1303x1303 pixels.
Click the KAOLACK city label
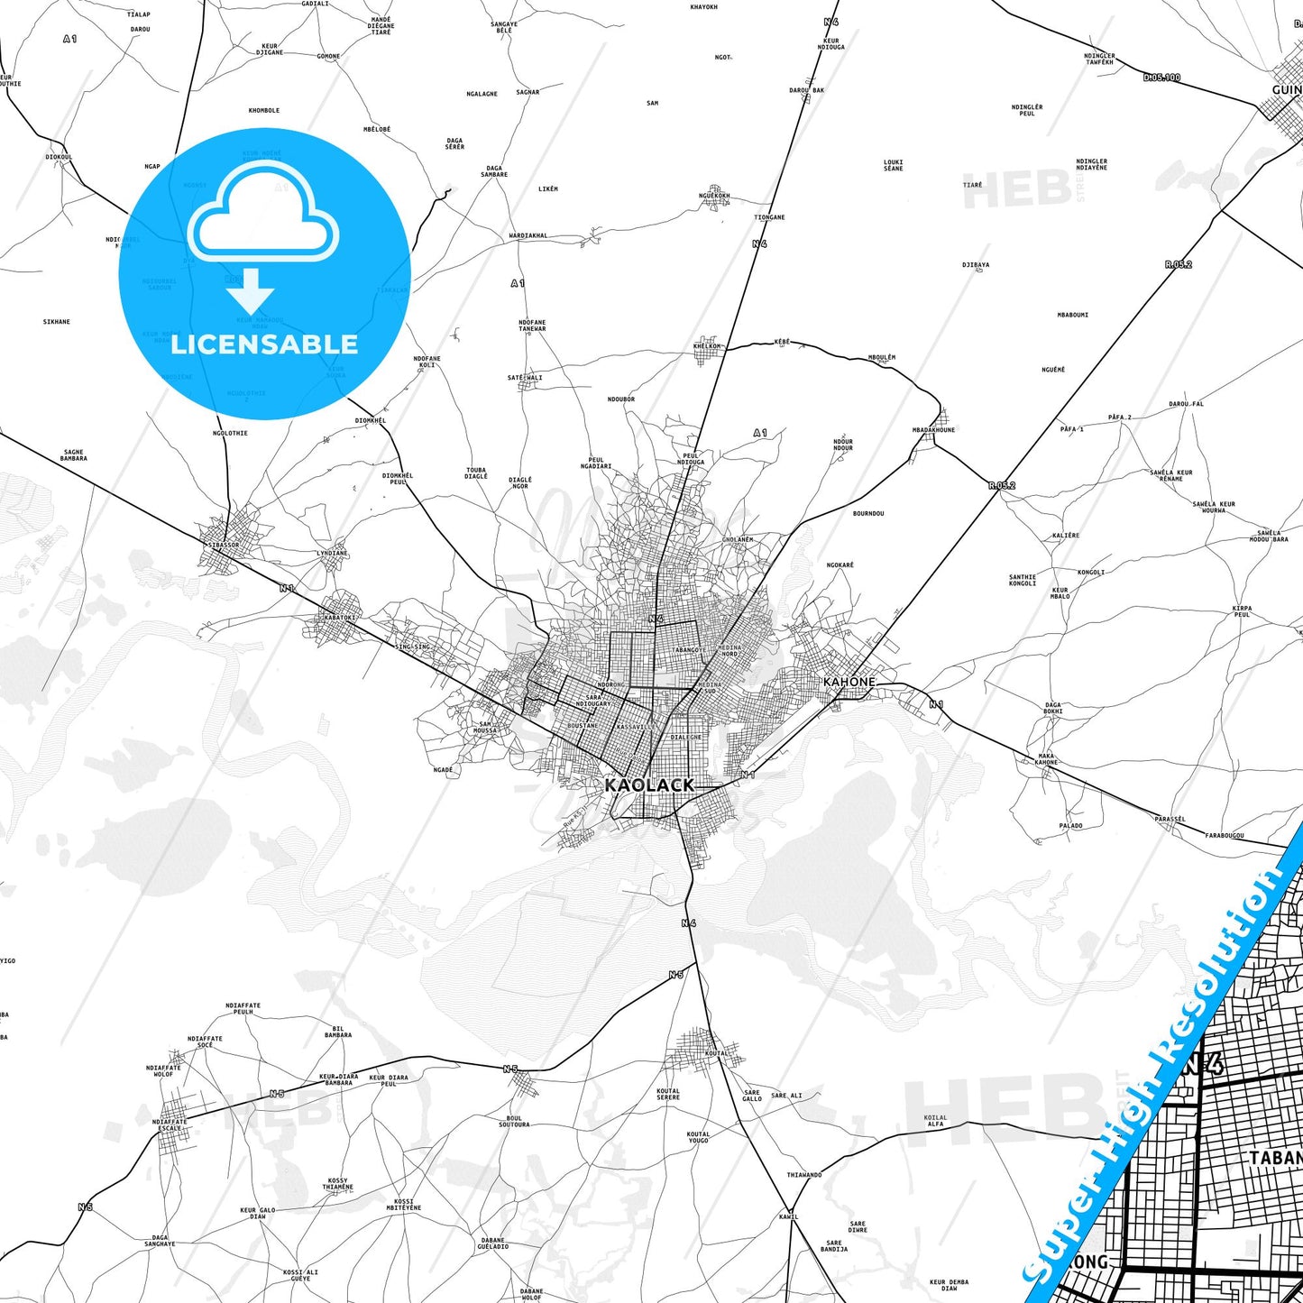pyautogui.click(x=649, y=785)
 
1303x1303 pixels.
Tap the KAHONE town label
pyautogui.click(x=849, y=682)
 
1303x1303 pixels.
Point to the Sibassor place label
pyautogui.click(x=223, y=546)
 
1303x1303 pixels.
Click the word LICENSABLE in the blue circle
pyautogui.click(x=264, y=344)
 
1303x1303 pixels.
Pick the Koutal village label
pyautogui.click(x=716, y=1053)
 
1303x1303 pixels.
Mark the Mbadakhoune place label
pyautogui.click(x=933, y=430)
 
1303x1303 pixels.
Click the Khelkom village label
pyautogui.click(x=707, y=346)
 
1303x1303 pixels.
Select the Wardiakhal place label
pyautogui.click(x=528, y=236)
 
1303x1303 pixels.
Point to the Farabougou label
pyautogui.click(x=1225, y=836)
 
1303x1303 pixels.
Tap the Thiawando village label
pyautogui.click(x=804, y=1175)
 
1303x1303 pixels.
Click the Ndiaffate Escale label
pyautogui.click(x=170, y=1125)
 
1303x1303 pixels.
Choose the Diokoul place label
pyautogui.click(x=59, y=157)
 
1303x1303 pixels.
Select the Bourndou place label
pyautogui.click(x=868, y=514)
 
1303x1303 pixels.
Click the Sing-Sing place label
pyautogui.click(x=413, y=647)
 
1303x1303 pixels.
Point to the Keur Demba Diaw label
pyautogui.click(x=950, y=1284)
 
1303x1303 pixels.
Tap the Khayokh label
pyautogui.click(x=703, y=7)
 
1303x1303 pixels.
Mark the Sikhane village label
pyautogui.click(x=56, y=322)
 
